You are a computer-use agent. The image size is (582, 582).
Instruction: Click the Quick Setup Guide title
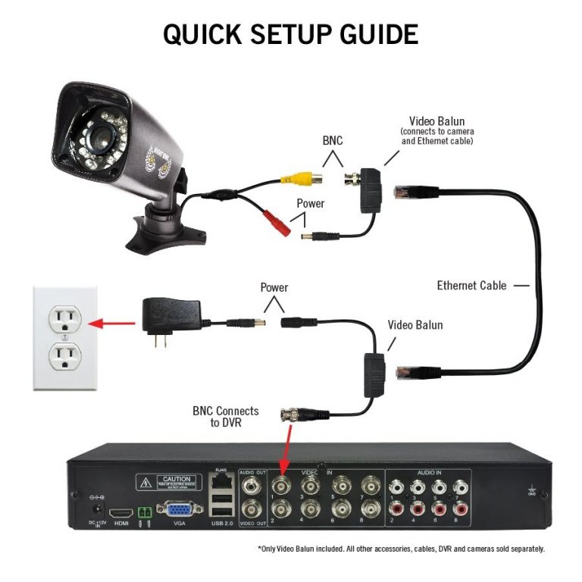pyautogui.click(x=290, y=34)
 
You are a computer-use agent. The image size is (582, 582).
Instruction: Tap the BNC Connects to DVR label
pyautogui.click(x=225, y=417)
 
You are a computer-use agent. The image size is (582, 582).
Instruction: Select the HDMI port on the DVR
pyautogui.click(x=122, y=513)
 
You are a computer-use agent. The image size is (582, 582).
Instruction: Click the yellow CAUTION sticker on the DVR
pyautogui.click(x=168, y=482)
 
